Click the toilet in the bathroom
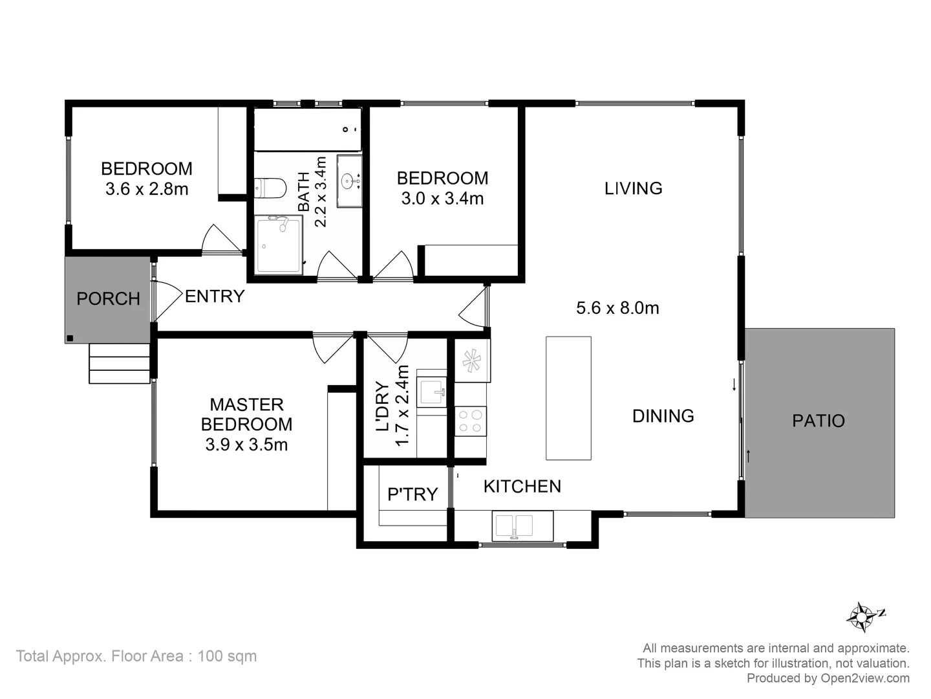click(x=270, y=188)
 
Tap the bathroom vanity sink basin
click(x=349, y=181)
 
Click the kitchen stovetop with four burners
click(x=471, y=421)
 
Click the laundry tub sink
click(x=431, y=392)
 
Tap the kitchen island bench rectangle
click(x=568, y=398)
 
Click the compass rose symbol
click(x=862, y=617)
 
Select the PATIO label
click(x=819, y=421)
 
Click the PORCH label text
click(x=108, y=299)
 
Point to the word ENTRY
click(x=215, y=296)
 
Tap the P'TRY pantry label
click(x=412, y=494)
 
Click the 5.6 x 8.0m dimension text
click(x=617, y=308)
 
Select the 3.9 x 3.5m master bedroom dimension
click(x=246, y=445)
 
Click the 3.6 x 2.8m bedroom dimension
click(x=147, y=189)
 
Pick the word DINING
click(x=663, y=416)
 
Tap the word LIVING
click(x=633, y=188)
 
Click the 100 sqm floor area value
click(x=227, y=656)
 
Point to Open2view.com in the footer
click(x=864, y=678)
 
